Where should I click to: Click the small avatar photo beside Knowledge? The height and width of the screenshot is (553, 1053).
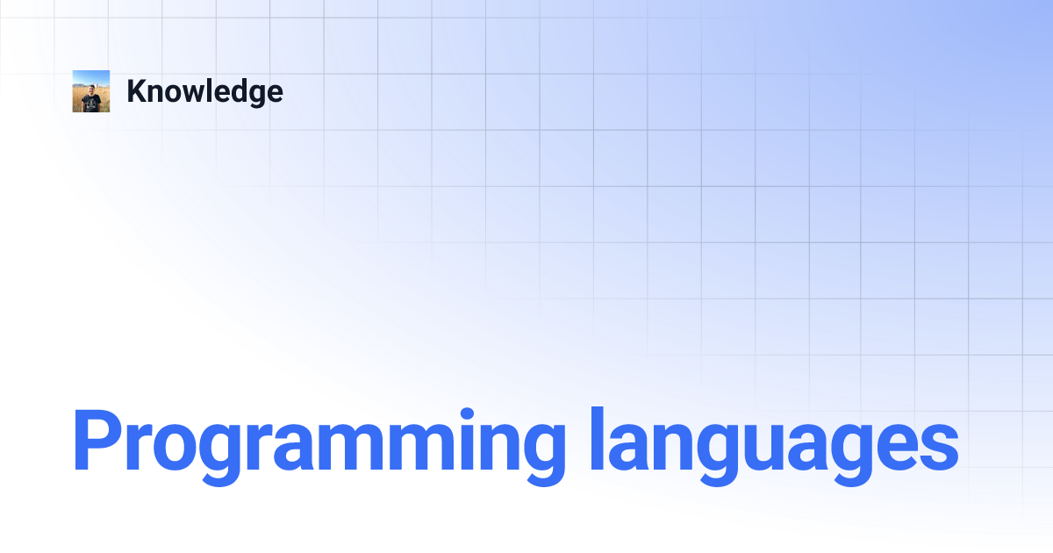[91, 91]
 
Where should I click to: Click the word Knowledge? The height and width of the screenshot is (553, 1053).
[204, 91]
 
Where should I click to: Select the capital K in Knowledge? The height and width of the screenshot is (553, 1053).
[136, 91]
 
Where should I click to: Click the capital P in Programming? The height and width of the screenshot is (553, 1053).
[95, 442]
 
